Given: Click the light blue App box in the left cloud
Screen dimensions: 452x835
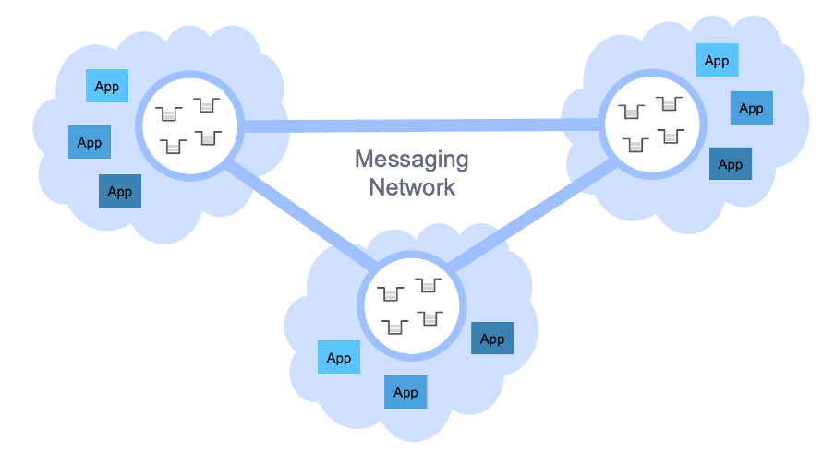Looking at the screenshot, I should point(107,86).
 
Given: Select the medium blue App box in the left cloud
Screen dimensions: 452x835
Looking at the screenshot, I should point(90,143).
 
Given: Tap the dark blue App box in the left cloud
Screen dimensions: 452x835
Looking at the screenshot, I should point(120,191).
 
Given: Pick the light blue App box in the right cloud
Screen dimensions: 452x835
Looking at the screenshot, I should point(717,61).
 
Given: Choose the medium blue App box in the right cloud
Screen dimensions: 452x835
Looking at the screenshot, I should point(752,108).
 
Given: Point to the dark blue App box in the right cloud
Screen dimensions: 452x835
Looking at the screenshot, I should point(730,164).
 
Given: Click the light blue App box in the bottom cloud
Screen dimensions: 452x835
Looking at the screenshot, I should point(339,358).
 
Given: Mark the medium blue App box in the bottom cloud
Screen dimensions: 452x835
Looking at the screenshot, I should point(405,392).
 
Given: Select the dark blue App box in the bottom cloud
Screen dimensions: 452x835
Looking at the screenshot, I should point(492,339).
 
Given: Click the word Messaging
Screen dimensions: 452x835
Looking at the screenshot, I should point(411,160).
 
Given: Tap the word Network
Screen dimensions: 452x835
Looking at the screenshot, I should point(412,187).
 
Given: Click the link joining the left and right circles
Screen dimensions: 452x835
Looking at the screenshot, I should point(420,125).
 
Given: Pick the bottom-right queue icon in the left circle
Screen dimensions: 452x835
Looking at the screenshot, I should point(208,138).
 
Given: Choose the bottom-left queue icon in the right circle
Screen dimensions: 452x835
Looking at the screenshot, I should point(634,144).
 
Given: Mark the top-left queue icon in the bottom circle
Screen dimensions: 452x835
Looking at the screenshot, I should point(392,293).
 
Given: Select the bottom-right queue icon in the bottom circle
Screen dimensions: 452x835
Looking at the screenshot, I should point(430,318).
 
